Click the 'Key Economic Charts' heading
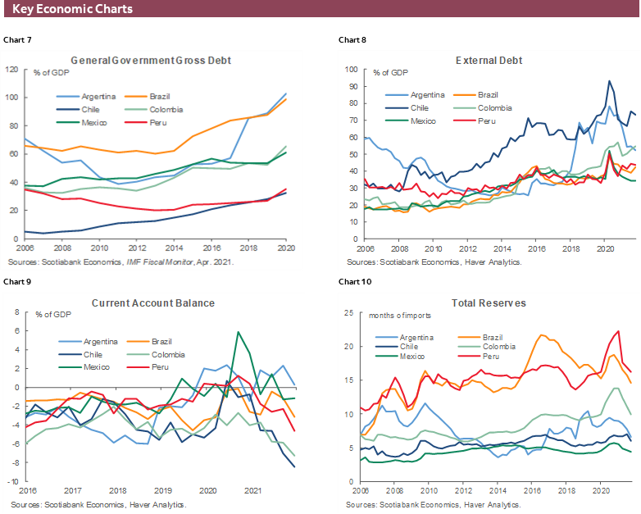click(x=72, y=9)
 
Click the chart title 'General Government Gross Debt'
click(x=151, y=60)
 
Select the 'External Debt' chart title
click(x=489, y=60)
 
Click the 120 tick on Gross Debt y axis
click(x=11, y=69)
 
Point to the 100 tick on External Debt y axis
click(x=351, y=70)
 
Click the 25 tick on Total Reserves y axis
click(x=349, y=312)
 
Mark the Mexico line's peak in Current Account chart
click(x=238, y=332)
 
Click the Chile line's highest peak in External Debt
click(x=609, y=80)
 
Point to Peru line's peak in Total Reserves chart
click(x=618, y=331)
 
